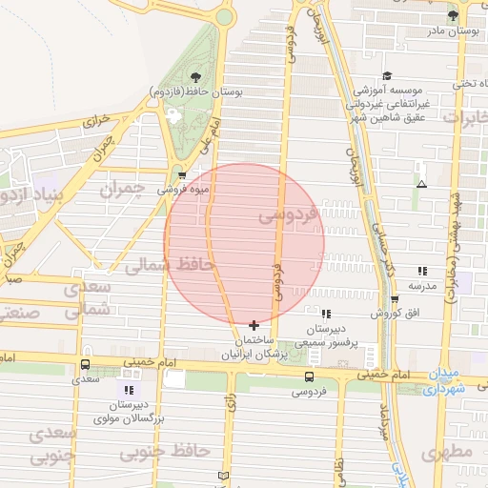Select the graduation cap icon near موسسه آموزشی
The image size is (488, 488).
pyautogui.click(x=387, y=76)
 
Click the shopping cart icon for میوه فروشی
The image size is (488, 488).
pyautogui.click(x=181, y=175)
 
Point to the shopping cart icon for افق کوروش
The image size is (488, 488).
pyautogui.click(x=394, y=299)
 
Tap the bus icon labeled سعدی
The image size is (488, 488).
pyautogui.click(x=86, y=364)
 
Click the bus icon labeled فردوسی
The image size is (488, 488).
pyautogui.click(x=308, y=376)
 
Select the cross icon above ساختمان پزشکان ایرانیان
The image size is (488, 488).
pyautogui.click(x=253, y=325)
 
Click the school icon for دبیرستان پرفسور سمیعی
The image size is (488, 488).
pyautogui.click(x=325, y=314)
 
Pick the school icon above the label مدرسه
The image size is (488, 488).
pyautogui.click(x=422, y=271)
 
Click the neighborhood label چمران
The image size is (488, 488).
pyautogui.click(x=122, y=189)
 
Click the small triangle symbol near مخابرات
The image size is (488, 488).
pyautogui.click(x=421, y=184)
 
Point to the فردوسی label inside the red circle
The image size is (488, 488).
pyautogui.click(x=284, y=216)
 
